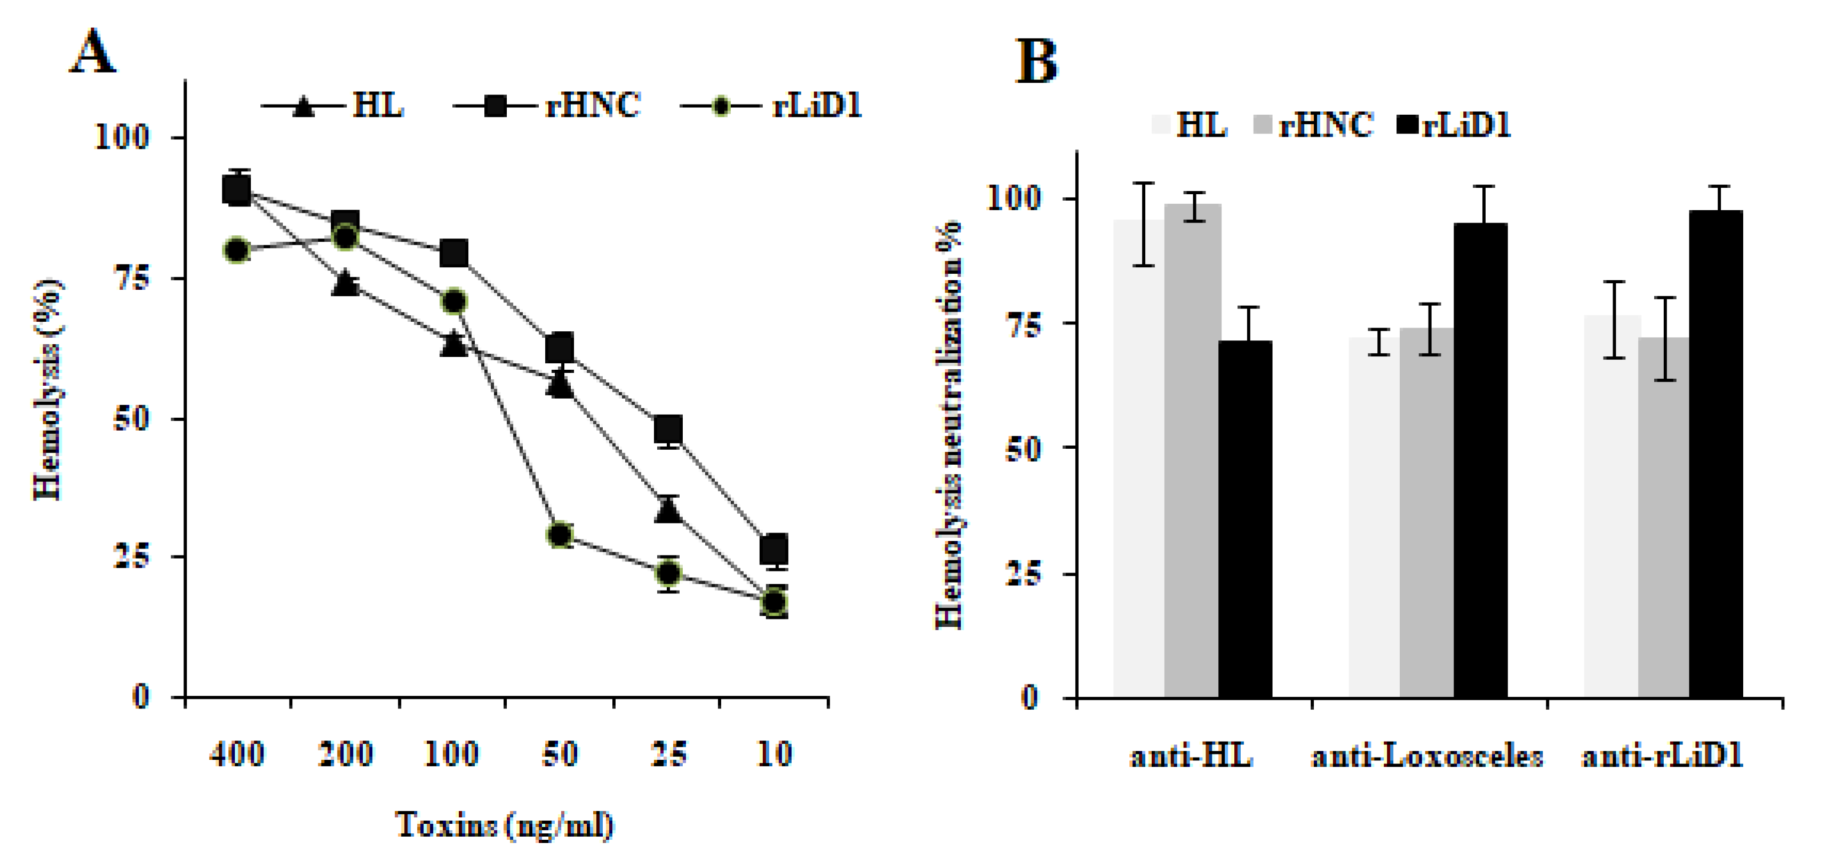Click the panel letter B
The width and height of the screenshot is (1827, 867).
click(x=1036, y=62)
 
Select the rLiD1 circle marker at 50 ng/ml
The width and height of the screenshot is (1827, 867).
click(x=560, y=534)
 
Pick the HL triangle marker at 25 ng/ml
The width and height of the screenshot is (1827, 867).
click(x=668, y=510)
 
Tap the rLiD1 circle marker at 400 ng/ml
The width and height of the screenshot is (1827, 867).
click(x=237, y=250)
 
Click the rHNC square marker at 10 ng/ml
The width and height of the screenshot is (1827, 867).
click(x=775, y=548)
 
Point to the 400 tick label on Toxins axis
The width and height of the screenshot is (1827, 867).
click(x=237, y=753)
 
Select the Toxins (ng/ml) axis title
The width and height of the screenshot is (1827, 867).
click(x=504, y=824)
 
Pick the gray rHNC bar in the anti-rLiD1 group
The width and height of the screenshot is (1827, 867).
click(x=1663, y=516)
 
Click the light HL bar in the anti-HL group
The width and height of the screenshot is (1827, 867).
click(x=1138, y=458)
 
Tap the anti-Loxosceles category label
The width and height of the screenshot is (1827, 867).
click(x=1427, y=757)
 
